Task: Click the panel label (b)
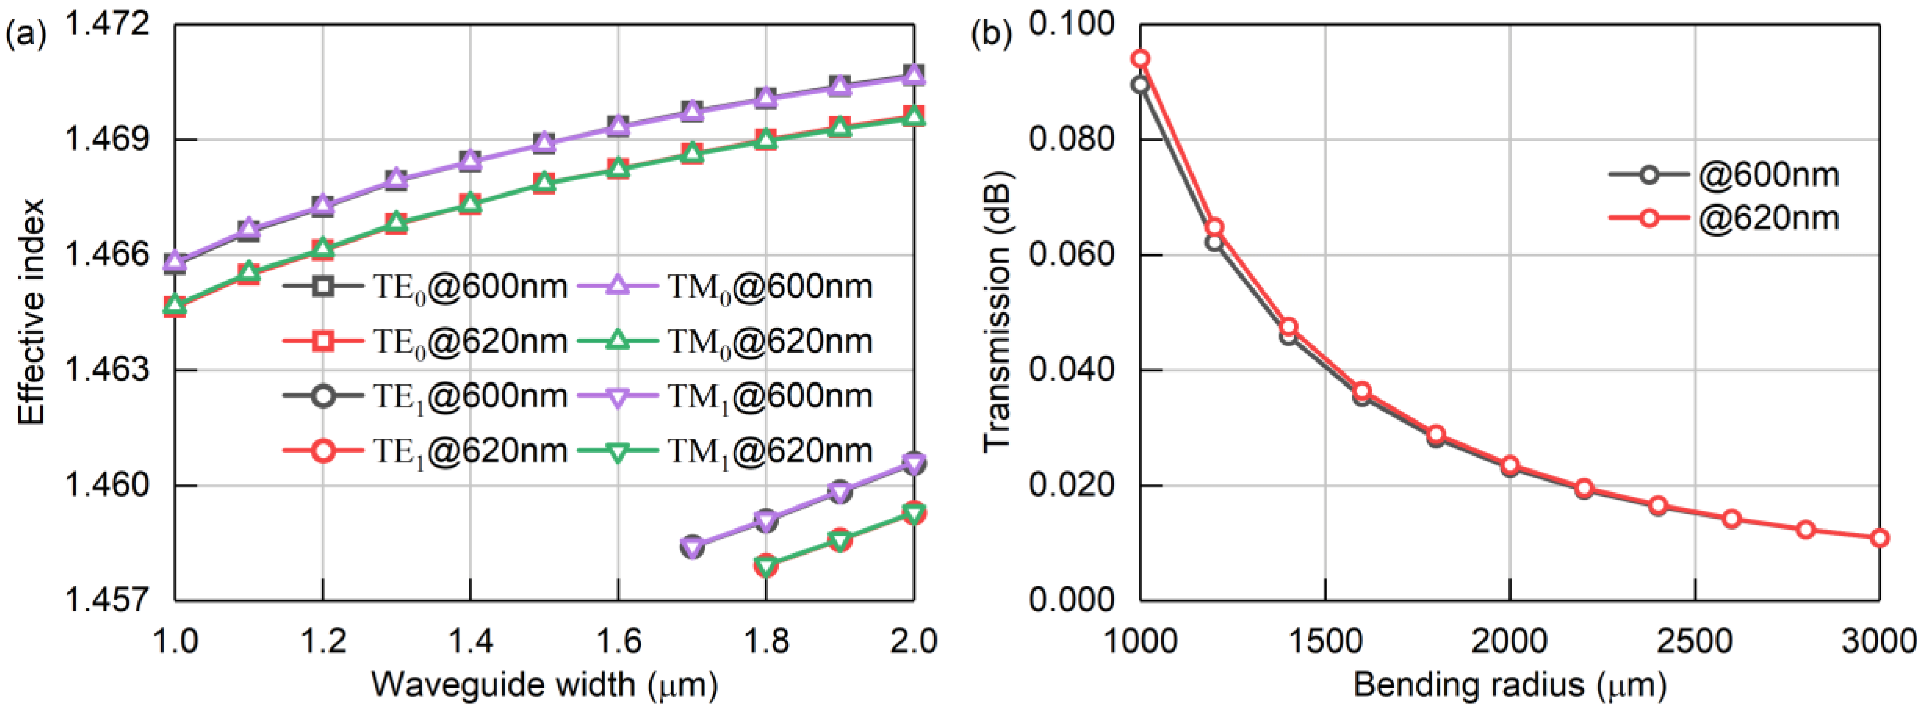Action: click(991, 35)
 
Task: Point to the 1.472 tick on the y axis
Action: click(109, 26)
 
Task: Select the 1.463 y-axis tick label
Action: click(109, 370)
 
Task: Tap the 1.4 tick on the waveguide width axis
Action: click(470, 641)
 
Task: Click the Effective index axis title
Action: click(31, 312)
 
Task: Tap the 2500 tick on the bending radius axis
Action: click(1695, 641)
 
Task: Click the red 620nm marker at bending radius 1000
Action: click(1140, 59)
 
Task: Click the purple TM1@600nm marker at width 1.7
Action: click(693, 547)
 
